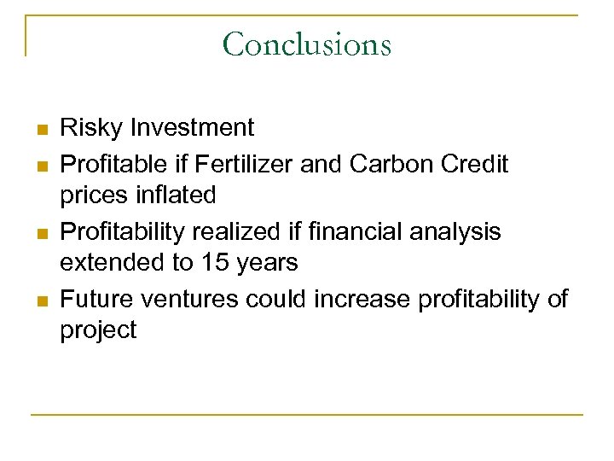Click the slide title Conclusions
click(306, 44)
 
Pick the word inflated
click(173, 195)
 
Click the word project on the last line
click(98, 331)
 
